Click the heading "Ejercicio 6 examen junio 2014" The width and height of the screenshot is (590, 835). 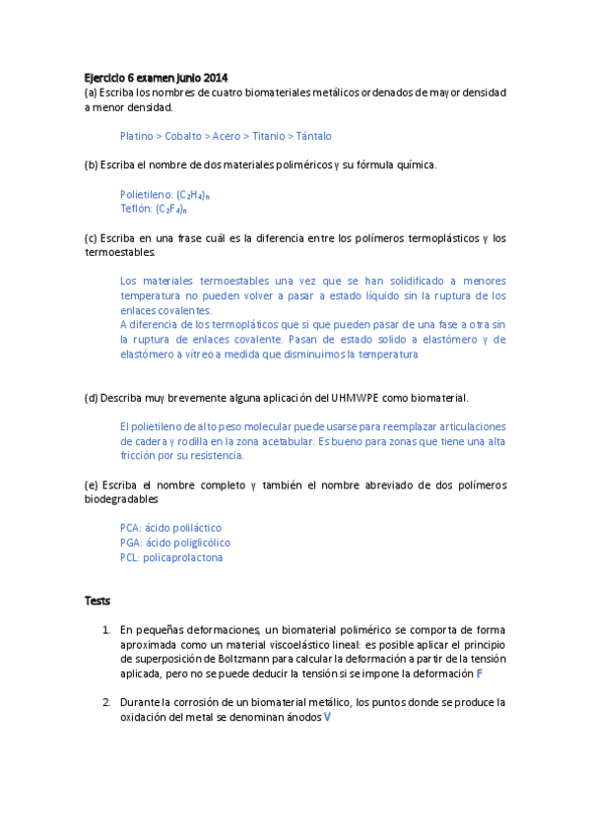(156, 78)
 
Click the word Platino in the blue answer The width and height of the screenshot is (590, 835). (136, 136)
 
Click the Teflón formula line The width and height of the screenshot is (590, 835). (153, 209)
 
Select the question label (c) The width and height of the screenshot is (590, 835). (91, 238)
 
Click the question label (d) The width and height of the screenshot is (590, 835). (92, 398)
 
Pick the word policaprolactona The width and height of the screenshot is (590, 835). (183, 557)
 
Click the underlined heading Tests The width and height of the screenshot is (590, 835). (98, 601)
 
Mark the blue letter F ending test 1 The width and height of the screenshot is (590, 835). (480, 674)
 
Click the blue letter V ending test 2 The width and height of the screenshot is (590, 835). (327, 718)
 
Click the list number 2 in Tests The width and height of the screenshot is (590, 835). (105, 703)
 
